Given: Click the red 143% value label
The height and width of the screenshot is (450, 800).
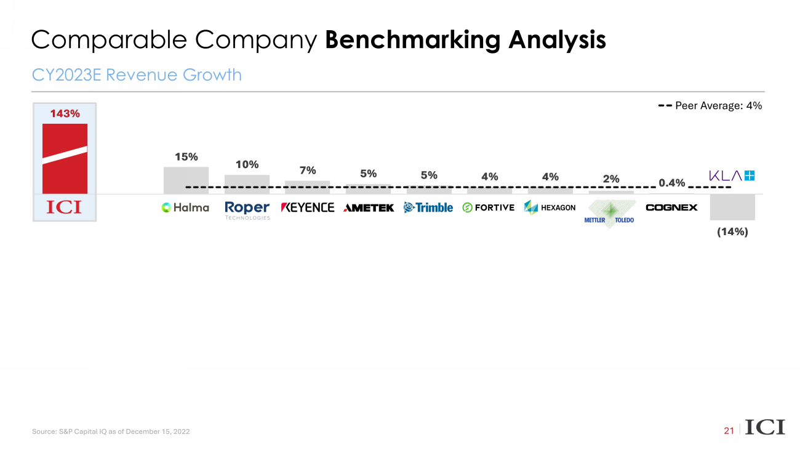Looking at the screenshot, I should [65, 114].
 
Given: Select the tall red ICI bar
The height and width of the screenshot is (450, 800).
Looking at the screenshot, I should [65, 159].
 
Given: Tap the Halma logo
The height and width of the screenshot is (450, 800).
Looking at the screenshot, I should [185, 208].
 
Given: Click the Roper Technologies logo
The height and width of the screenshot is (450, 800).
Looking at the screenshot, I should [247, 210].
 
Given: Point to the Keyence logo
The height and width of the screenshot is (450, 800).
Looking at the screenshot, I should [308, 208].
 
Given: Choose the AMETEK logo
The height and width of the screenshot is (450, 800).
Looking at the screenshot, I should [369, 208].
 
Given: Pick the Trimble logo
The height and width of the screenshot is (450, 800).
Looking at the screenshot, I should [428, 208].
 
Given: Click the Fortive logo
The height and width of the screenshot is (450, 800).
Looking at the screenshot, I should [488, 208].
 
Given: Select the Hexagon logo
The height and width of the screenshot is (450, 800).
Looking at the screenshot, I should [550, 208].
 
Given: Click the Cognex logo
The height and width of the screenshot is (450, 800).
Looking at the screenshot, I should [671, 207].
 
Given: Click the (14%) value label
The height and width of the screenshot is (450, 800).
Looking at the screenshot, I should [732, 233].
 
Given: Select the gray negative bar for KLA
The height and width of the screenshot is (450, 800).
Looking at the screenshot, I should [732, 207].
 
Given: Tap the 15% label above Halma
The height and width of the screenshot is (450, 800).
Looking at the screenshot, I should [186, 157].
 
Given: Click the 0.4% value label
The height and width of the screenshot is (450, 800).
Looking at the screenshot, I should [671, 182].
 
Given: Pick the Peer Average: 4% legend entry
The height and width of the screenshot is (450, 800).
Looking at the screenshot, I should [710, 106].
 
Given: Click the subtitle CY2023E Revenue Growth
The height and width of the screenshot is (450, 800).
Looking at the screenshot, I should [137, 75].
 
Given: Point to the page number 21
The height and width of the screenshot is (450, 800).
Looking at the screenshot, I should [729, 431].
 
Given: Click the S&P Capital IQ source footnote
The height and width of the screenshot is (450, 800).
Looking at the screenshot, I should [111, 432].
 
